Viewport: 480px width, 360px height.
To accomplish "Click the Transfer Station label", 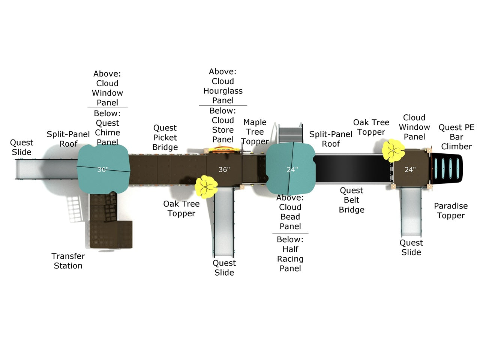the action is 68,261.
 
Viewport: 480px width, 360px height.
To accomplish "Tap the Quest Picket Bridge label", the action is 165,138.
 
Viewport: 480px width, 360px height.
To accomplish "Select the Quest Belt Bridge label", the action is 351,200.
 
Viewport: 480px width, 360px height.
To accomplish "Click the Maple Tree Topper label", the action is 255,132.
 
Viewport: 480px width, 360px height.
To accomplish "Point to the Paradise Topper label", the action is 451,211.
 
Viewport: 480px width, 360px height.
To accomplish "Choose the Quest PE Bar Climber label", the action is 456,137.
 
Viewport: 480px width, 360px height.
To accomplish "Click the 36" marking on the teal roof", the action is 103,169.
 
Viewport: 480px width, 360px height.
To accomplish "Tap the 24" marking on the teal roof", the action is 292,169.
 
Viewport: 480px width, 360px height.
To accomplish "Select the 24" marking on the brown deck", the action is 410,169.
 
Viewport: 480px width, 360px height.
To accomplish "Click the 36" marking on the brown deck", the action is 224,169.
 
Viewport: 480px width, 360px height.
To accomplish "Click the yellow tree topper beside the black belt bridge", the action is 393,151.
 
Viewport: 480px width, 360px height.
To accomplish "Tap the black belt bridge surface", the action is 353,168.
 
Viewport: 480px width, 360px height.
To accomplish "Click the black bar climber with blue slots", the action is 447,168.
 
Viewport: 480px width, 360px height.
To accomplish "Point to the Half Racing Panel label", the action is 290,254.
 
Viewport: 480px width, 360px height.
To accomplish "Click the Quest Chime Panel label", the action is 107,128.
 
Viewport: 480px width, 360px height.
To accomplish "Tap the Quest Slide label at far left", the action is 21,147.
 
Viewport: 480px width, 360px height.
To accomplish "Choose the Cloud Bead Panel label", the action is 290,212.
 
